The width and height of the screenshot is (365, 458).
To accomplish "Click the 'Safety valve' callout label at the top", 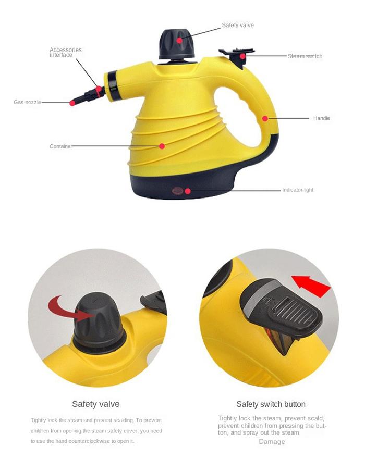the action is pos(238,26).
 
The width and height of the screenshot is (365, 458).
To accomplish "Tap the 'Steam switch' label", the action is pos(305,56).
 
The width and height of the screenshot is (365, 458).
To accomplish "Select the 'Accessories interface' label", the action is pos(66,52).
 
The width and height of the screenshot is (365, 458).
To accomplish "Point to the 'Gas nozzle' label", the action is pos(27,102).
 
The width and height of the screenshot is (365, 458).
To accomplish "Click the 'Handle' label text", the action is pos(321,118).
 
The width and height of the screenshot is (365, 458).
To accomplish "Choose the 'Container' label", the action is pos(61,146).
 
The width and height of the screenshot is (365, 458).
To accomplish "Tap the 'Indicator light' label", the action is pos(298,190).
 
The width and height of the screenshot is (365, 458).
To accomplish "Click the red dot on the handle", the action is pos(265,119).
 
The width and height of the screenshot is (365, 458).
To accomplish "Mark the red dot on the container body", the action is pos(162,146).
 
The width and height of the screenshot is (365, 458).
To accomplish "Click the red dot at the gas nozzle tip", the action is pos(72,103).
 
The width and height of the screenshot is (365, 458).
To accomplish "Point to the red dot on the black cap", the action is pos(179,40).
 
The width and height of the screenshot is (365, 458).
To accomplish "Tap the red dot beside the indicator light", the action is pos(188,191).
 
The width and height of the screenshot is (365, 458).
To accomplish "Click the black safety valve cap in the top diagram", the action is pos(177,44).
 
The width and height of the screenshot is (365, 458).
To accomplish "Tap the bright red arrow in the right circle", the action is pos(311,286).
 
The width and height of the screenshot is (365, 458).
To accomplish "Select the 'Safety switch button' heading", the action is pos(271,404).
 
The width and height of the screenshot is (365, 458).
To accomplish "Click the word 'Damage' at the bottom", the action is pos(272,442).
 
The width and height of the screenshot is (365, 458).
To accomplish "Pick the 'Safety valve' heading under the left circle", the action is pos(96,404).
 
